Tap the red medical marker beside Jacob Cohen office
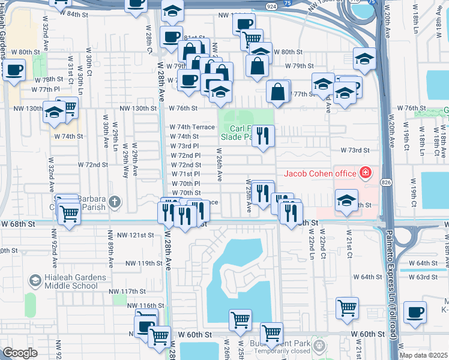coord(365,174)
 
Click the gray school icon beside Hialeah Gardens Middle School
coord(35,281)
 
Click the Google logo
coord(20,353)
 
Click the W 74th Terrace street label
coord(191,127)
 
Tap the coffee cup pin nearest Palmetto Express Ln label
coord(415,312)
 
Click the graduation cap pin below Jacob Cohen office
coord(346,200)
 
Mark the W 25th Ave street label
coord(249,196)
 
